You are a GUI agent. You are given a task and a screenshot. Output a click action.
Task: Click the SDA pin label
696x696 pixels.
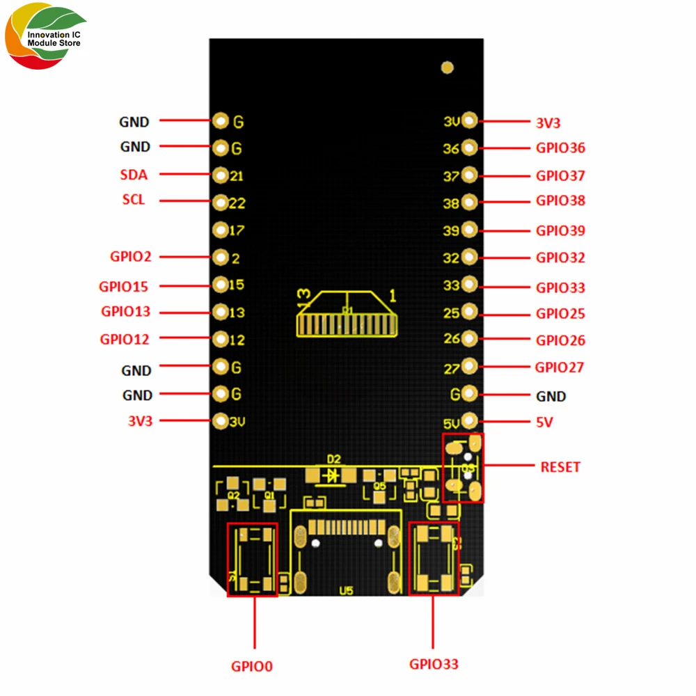tap(134, 175)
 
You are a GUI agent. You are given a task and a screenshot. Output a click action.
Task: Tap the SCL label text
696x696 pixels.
tap(134, 200)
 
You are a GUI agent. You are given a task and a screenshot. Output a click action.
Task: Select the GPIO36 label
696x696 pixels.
tap(560, 148)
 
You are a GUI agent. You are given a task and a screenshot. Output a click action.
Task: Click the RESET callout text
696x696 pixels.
tap(560, 467)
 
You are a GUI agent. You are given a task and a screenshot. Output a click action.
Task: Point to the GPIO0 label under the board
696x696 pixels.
tap(252, 666)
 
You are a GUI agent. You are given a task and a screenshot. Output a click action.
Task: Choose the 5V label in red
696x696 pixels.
tap(544, 422)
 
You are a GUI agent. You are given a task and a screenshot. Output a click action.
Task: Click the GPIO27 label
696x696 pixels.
tap(559, 367)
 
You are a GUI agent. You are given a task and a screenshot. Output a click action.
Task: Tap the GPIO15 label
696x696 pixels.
tap(123, 286)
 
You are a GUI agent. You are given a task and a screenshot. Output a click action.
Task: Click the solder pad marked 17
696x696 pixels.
tap(221, 230)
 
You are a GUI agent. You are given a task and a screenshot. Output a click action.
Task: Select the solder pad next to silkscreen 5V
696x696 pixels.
tap(469, 420)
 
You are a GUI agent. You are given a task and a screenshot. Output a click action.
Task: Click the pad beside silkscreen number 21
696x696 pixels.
tap(221, 175)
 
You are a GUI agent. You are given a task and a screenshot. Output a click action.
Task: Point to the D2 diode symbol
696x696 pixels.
tap(333, 475)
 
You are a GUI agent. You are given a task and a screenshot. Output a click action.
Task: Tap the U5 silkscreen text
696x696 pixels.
tap(346, 591)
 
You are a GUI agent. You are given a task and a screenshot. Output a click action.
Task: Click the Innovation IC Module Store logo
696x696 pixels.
tap(46, 40)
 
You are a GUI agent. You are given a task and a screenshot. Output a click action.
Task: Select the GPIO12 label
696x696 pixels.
tap(125, 340)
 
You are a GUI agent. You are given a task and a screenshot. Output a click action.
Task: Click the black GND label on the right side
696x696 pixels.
tap(551, 396)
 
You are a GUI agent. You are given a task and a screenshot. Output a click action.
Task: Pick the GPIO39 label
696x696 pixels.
tap(560, 230)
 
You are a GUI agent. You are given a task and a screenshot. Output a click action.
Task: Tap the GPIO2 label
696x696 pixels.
tap(130, 256)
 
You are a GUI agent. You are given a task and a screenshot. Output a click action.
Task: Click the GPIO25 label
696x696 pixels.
tap(560, 313)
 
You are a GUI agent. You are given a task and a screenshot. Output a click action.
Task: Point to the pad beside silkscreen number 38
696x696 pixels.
tap(469, 203)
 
